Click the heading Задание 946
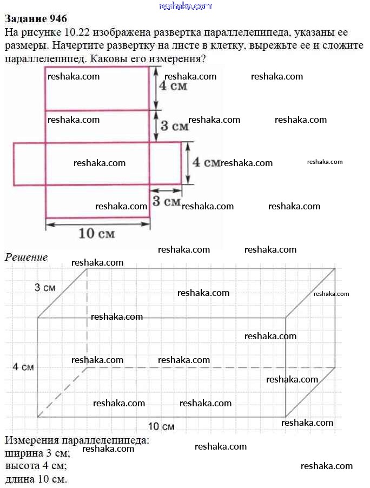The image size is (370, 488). point(36,19)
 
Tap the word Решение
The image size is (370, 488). point(27,258)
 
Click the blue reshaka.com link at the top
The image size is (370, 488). point(185,6)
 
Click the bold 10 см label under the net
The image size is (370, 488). point(97,234)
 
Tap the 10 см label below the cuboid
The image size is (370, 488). point(161,426)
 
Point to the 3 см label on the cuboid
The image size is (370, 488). point(45,288)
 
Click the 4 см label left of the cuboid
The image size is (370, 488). point(23,367)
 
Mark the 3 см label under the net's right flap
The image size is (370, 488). point(166,201)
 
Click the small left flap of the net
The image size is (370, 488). point(29,163)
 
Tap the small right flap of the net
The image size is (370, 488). point(165,163)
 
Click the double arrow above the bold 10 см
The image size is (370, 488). point(97,222)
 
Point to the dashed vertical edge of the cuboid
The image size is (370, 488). point(88,319)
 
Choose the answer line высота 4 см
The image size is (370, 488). point(36,466)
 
